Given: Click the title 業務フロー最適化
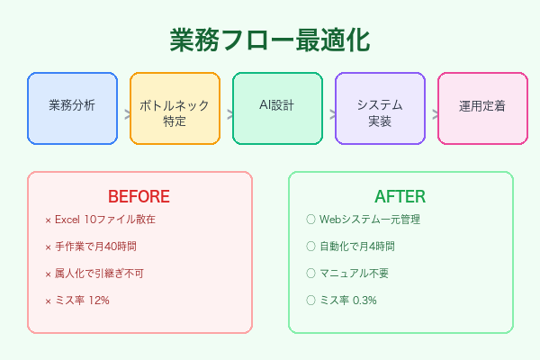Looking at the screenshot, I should click(x=269, y=41).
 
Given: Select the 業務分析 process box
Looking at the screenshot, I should click(x=72, y=108).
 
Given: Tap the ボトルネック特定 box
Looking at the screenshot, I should click(x=175, y=108).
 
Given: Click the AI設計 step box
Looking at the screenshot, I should click(x=277, y=108).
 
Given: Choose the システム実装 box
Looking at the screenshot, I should click(x=380, y=108).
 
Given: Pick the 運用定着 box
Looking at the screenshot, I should click(x=481, y=108).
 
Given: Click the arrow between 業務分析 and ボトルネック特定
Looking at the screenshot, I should click(x=123, y=114).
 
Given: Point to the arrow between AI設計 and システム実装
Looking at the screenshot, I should click(x=328, y=114).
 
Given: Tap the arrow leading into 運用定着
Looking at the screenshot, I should click(x=431, y=114).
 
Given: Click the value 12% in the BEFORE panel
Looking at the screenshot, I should click(x=98, y=300).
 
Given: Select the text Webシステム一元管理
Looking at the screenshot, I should click(x=370, y=220).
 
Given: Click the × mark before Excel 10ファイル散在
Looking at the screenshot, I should click(x=48, y=220).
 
